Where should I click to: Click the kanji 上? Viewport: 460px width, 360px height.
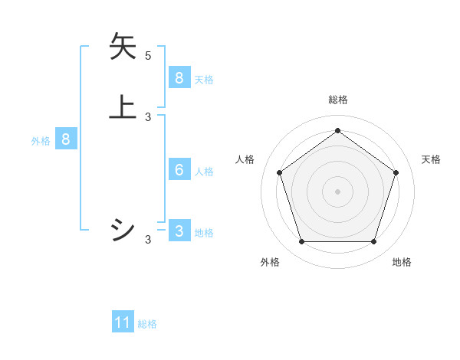coord(123,106)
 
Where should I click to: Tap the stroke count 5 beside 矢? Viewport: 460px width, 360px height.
coord(148,56)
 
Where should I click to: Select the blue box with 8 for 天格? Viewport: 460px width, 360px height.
coord(179,77)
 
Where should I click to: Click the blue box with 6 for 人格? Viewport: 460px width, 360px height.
coord(179,169)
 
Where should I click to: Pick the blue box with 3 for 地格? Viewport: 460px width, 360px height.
coord(179,231)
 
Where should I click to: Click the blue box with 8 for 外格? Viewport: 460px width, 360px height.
coord(66,139)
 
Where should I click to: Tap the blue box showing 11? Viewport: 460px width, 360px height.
coord(123,322)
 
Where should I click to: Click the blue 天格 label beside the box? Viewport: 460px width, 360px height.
coord(204,79)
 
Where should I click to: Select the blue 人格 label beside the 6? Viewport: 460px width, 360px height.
coord(204,171)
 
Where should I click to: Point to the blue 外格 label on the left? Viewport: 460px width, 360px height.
coord(40,141)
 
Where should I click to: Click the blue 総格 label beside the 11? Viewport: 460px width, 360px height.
coord(147,324)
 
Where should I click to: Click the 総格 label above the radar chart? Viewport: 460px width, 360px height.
coord(337,100)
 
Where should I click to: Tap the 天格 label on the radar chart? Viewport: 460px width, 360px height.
coord(431,159)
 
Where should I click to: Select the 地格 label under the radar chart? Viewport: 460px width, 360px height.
coord(402,262)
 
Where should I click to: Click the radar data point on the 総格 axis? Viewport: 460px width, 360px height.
coord(337,130)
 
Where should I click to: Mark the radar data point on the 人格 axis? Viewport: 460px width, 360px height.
coord(279,172)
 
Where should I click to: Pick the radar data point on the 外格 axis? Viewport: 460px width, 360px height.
coord(301,241)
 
